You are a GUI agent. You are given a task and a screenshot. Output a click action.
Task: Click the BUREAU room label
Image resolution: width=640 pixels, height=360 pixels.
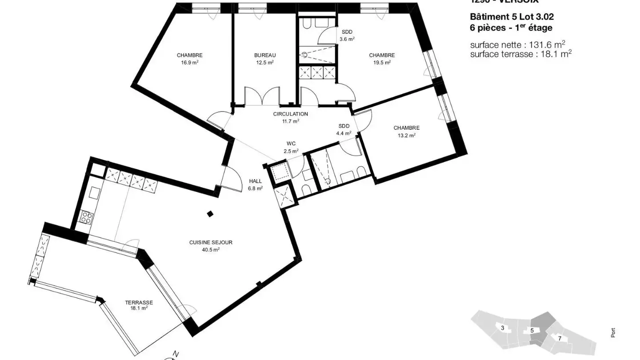[265, 55]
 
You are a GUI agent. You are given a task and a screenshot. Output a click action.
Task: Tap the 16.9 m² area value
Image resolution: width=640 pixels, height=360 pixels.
[189, 63]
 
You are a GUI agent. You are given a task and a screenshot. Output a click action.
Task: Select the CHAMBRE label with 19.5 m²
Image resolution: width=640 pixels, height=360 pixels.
[382, 55]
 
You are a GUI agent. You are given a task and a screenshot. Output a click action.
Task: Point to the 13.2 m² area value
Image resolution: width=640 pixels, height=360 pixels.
[406, 136]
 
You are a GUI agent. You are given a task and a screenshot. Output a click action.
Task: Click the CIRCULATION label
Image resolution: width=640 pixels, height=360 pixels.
[290, 114]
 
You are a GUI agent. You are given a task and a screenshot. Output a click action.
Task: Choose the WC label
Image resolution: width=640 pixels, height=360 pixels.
[291, 144]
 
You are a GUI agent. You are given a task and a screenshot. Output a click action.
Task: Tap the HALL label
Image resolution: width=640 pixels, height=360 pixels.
[255, 181]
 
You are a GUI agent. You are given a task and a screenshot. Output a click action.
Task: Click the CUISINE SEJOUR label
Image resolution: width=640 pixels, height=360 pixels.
[211, 242]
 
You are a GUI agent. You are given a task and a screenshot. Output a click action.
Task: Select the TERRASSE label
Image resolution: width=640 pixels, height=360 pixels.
[139, 302]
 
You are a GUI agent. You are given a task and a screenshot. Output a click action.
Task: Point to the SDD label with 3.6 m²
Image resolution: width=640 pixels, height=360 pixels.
[347, 32]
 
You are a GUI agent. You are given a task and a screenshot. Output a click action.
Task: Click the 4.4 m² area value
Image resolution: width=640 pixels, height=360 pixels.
[344, 133]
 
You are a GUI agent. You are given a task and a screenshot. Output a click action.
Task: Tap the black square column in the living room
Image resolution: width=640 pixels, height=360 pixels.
[210, 214]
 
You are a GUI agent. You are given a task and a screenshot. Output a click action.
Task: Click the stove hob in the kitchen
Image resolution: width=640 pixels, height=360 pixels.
[86, 217]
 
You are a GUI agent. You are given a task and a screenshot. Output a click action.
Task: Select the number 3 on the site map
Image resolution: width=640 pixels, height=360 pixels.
[502, 328]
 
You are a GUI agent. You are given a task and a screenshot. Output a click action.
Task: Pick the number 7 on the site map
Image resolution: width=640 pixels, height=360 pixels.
[560, 338]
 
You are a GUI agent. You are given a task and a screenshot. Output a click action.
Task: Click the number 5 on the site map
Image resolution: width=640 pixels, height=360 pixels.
[532, 330]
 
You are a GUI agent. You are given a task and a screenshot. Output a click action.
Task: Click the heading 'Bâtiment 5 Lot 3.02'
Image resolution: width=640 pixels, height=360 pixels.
[512, 17]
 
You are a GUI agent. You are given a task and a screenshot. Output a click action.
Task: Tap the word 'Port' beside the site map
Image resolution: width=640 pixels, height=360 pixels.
[614, 332]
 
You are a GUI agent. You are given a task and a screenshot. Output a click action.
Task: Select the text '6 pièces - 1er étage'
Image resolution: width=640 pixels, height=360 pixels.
[511, 28]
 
